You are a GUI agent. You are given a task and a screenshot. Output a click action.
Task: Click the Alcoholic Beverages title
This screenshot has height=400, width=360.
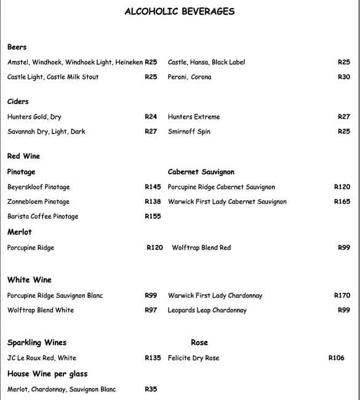(179, 11)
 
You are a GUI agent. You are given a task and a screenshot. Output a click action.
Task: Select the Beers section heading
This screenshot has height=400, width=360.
(17, 47)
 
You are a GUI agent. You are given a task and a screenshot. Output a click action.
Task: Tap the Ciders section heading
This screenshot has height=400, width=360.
(18, 102)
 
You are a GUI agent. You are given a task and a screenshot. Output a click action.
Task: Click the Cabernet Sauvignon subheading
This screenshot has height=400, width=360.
(201, 172)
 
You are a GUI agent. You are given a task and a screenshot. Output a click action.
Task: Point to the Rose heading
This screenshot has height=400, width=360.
(199, 342)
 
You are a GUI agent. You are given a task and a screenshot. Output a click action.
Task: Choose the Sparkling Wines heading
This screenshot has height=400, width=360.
(37, 342)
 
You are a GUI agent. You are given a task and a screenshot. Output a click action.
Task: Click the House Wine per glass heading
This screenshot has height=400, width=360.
(47, 374)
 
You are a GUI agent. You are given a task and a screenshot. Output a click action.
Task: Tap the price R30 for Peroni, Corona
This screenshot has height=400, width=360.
(344, 77)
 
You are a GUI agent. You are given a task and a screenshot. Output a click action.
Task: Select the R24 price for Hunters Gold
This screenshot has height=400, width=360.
(151, 116)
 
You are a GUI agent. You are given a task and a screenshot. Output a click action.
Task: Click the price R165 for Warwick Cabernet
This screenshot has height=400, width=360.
(342, 201)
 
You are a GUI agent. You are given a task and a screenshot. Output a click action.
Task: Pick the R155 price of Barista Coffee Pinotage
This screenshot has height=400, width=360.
(153, 216)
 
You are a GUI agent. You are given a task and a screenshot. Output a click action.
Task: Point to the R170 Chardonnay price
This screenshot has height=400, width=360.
(342, 295)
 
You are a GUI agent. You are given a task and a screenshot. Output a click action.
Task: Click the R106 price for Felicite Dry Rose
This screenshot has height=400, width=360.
(337, 358)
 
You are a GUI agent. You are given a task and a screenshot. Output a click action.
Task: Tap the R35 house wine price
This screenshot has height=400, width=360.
(151, 389)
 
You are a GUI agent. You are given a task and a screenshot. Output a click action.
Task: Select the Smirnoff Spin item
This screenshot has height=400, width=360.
(189, 131)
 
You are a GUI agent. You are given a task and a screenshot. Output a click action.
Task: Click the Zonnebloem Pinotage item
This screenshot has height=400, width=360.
(38, 201)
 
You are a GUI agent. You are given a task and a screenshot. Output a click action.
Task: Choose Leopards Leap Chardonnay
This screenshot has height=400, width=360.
(207, 310)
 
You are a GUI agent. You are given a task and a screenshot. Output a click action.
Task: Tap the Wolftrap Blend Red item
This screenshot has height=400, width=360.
(201, 247)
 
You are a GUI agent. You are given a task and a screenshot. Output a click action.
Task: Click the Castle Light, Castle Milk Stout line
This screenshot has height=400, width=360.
(53, 77)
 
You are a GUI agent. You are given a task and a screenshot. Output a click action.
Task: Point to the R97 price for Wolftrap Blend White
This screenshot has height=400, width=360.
(151, 310)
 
